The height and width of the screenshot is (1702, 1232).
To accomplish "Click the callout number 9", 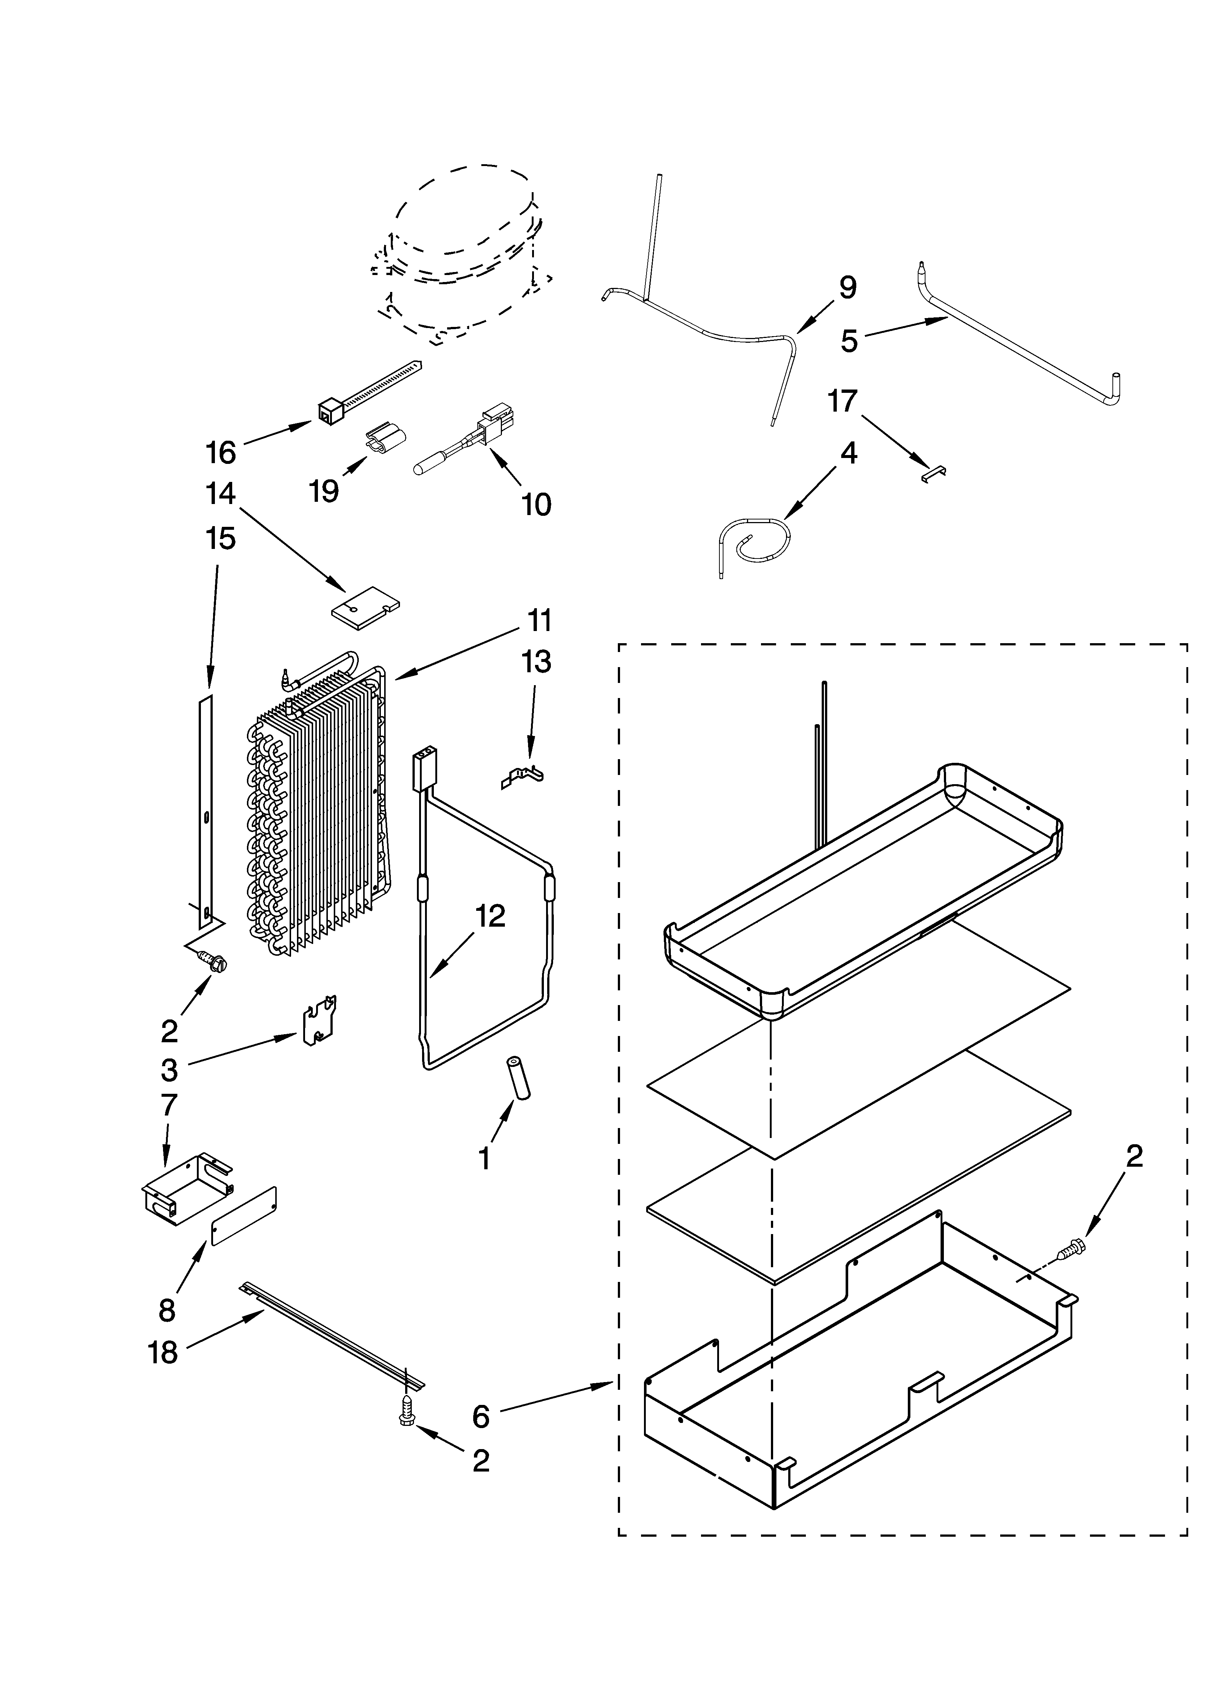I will point(847,288).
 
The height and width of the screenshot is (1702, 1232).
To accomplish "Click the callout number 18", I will point(163,1353).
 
